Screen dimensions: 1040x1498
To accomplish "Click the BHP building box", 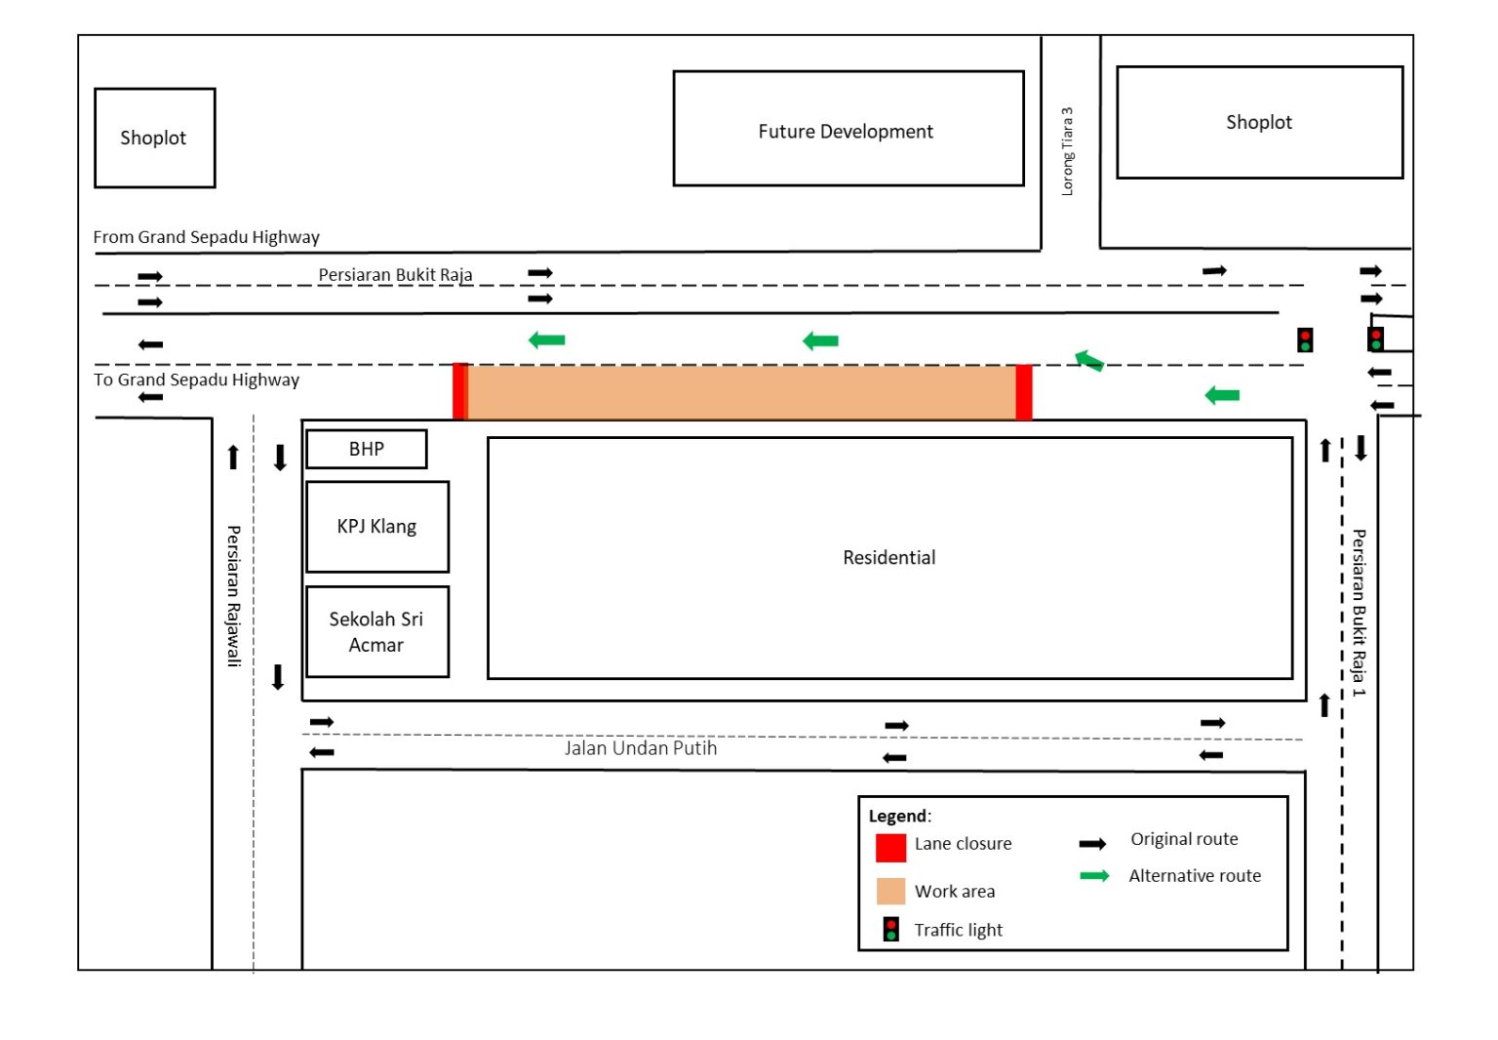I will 366,449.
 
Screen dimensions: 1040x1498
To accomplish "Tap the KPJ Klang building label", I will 376,527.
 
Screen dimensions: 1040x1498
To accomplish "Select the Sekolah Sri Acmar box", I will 376,631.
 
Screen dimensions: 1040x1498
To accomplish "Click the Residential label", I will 888,558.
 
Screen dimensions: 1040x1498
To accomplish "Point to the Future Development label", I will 846,132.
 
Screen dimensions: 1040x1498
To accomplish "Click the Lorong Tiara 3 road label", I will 1067,151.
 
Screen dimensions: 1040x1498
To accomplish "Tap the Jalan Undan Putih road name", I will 640,748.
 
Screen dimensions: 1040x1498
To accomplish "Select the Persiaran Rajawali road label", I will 234,595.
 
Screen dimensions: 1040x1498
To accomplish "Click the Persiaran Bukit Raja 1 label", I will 1359,612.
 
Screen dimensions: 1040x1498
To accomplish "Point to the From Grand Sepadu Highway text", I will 206,237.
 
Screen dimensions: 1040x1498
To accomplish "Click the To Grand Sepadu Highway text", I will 196,380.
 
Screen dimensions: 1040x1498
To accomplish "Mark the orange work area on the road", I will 741,392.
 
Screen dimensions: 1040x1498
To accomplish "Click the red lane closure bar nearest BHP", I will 460,391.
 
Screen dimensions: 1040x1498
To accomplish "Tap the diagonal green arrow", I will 1088,361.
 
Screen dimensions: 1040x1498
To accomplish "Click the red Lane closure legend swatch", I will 890,847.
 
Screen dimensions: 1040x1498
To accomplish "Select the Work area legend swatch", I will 890,892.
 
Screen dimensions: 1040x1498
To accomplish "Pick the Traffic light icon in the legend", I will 890,929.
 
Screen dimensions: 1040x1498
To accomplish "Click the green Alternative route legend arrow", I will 1094,876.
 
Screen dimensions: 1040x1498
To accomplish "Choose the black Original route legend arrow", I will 1092,844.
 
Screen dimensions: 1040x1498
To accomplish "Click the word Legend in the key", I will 897,817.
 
